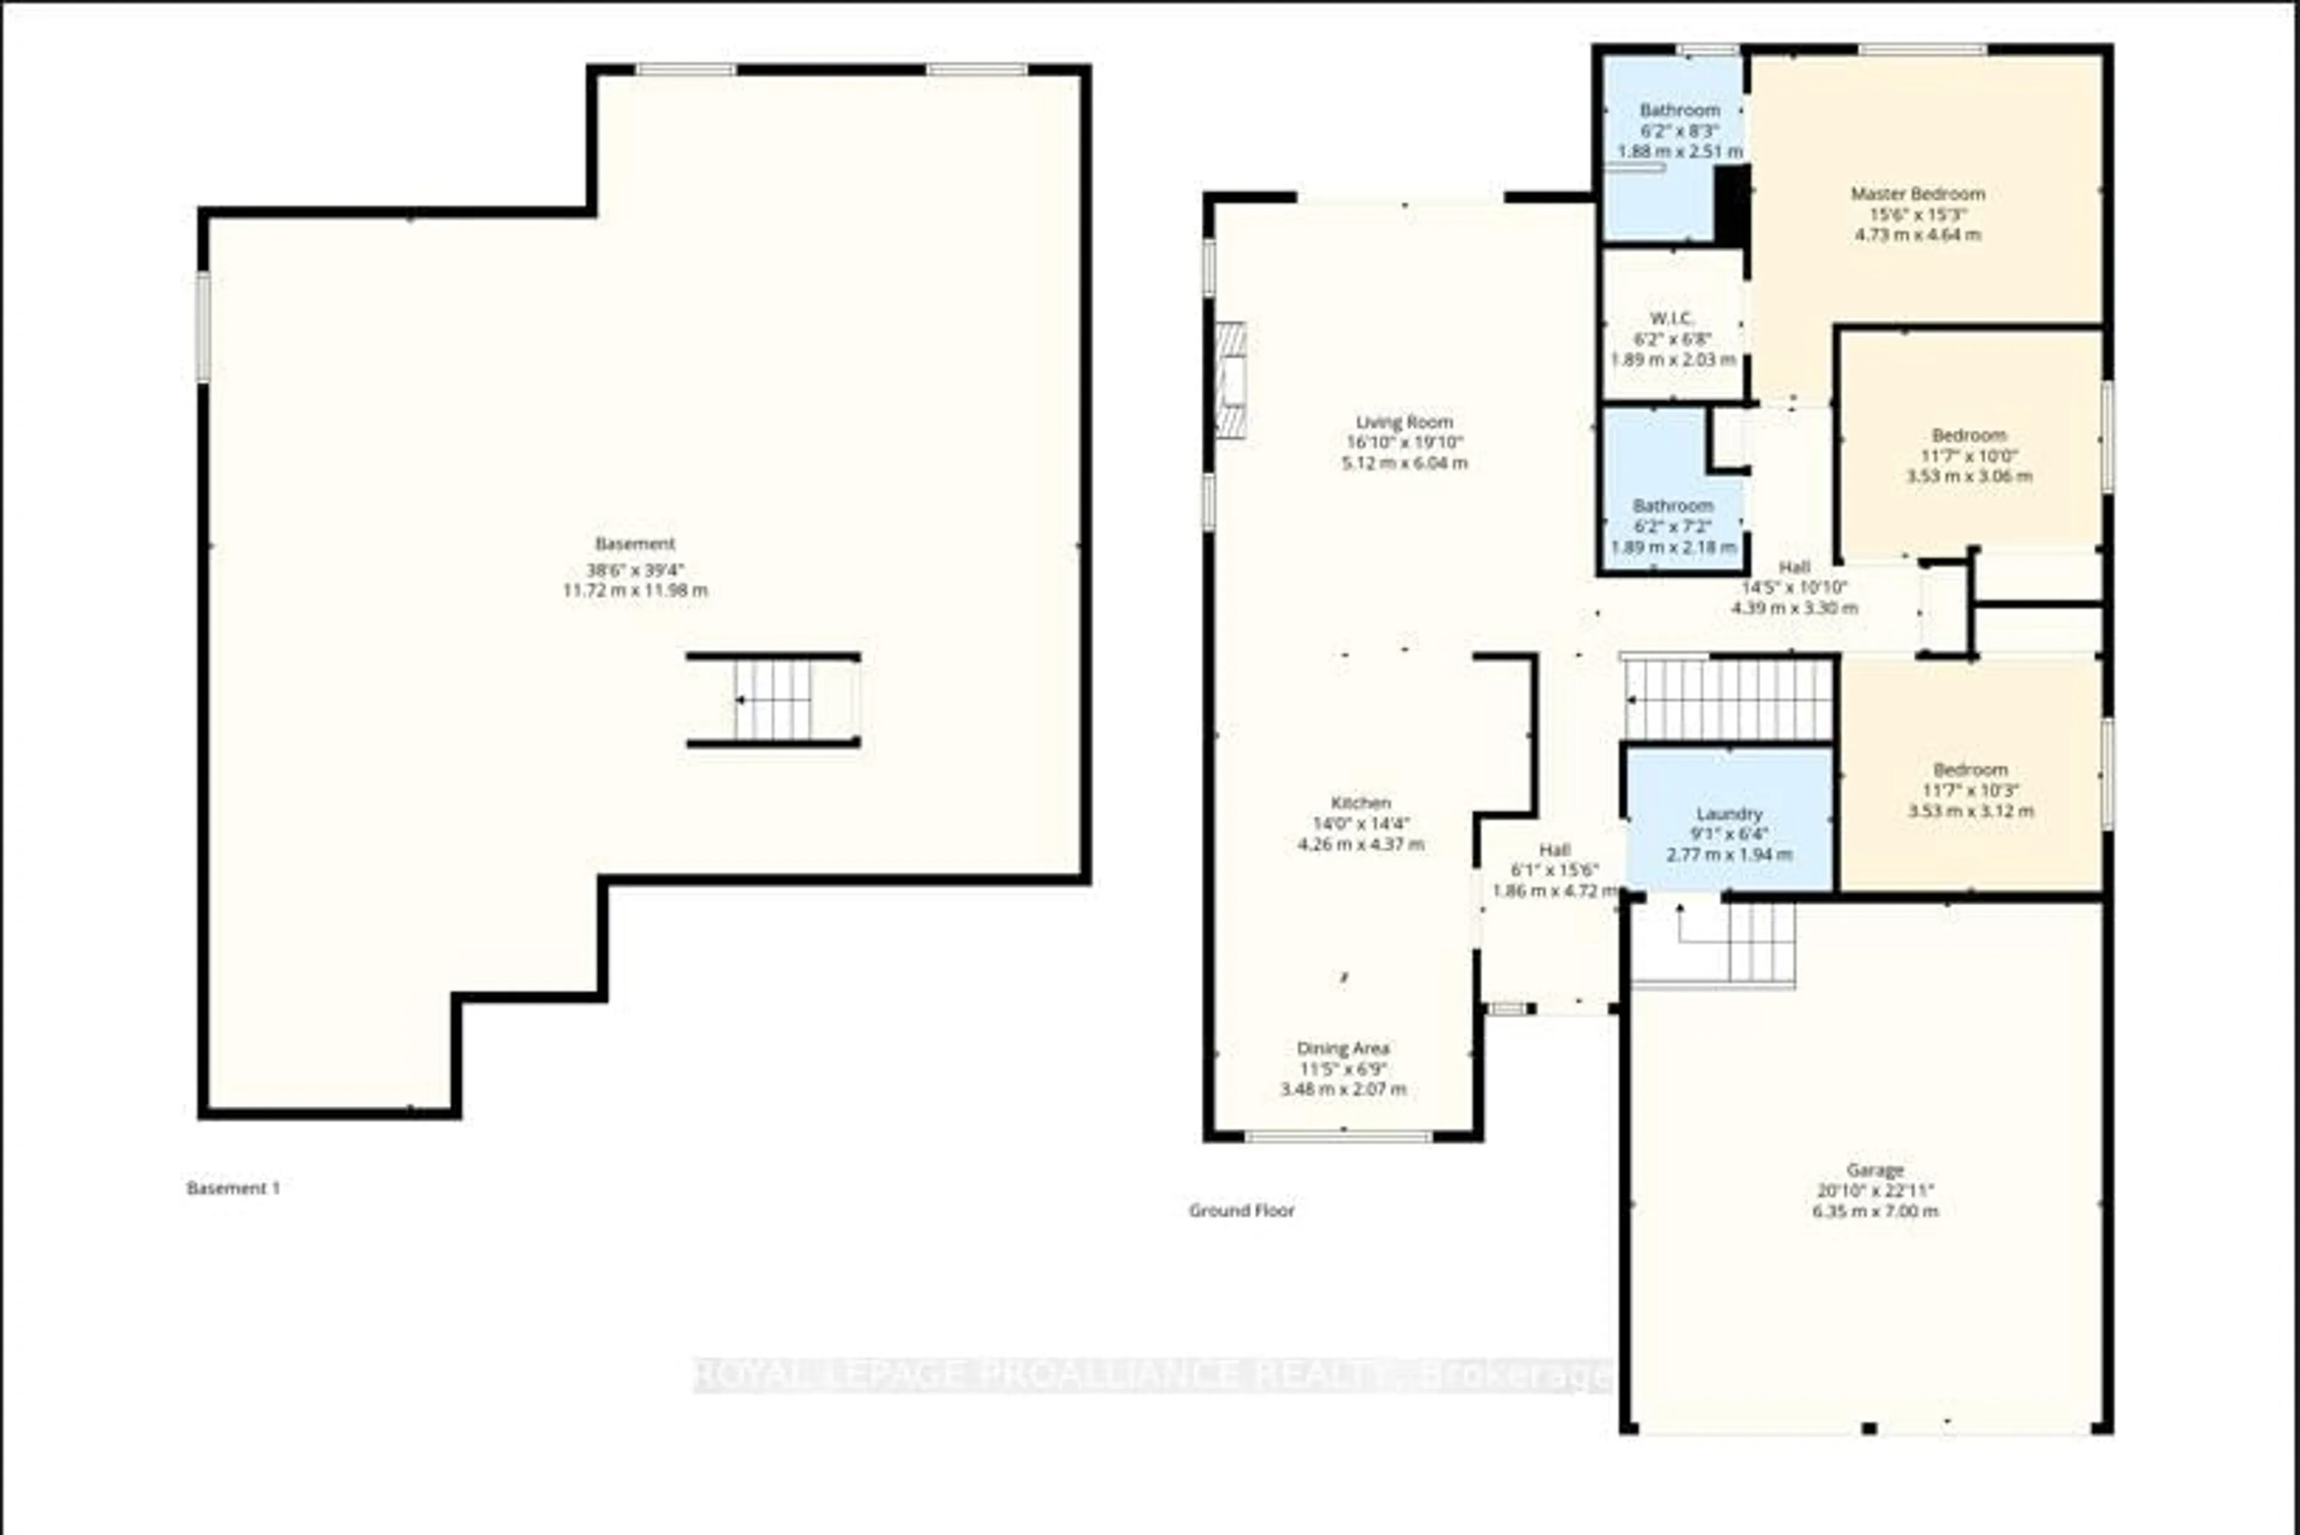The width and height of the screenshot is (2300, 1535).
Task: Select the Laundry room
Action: [x=1729, y=833]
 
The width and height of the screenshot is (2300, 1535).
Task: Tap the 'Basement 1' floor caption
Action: [x=233, y=1189]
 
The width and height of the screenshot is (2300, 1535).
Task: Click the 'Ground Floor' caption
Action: [x=1241, y=1211]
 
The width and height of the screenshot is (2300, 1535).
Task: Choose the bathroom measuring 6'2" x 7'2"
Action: [x=1673, y=525]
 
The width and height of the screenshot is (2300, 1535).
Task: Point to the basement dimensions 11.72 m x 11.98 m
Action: [x=634, y=591]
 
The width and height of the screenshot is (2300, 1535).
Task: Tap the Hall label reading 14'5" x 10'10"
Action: [x=1793, y=587]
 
